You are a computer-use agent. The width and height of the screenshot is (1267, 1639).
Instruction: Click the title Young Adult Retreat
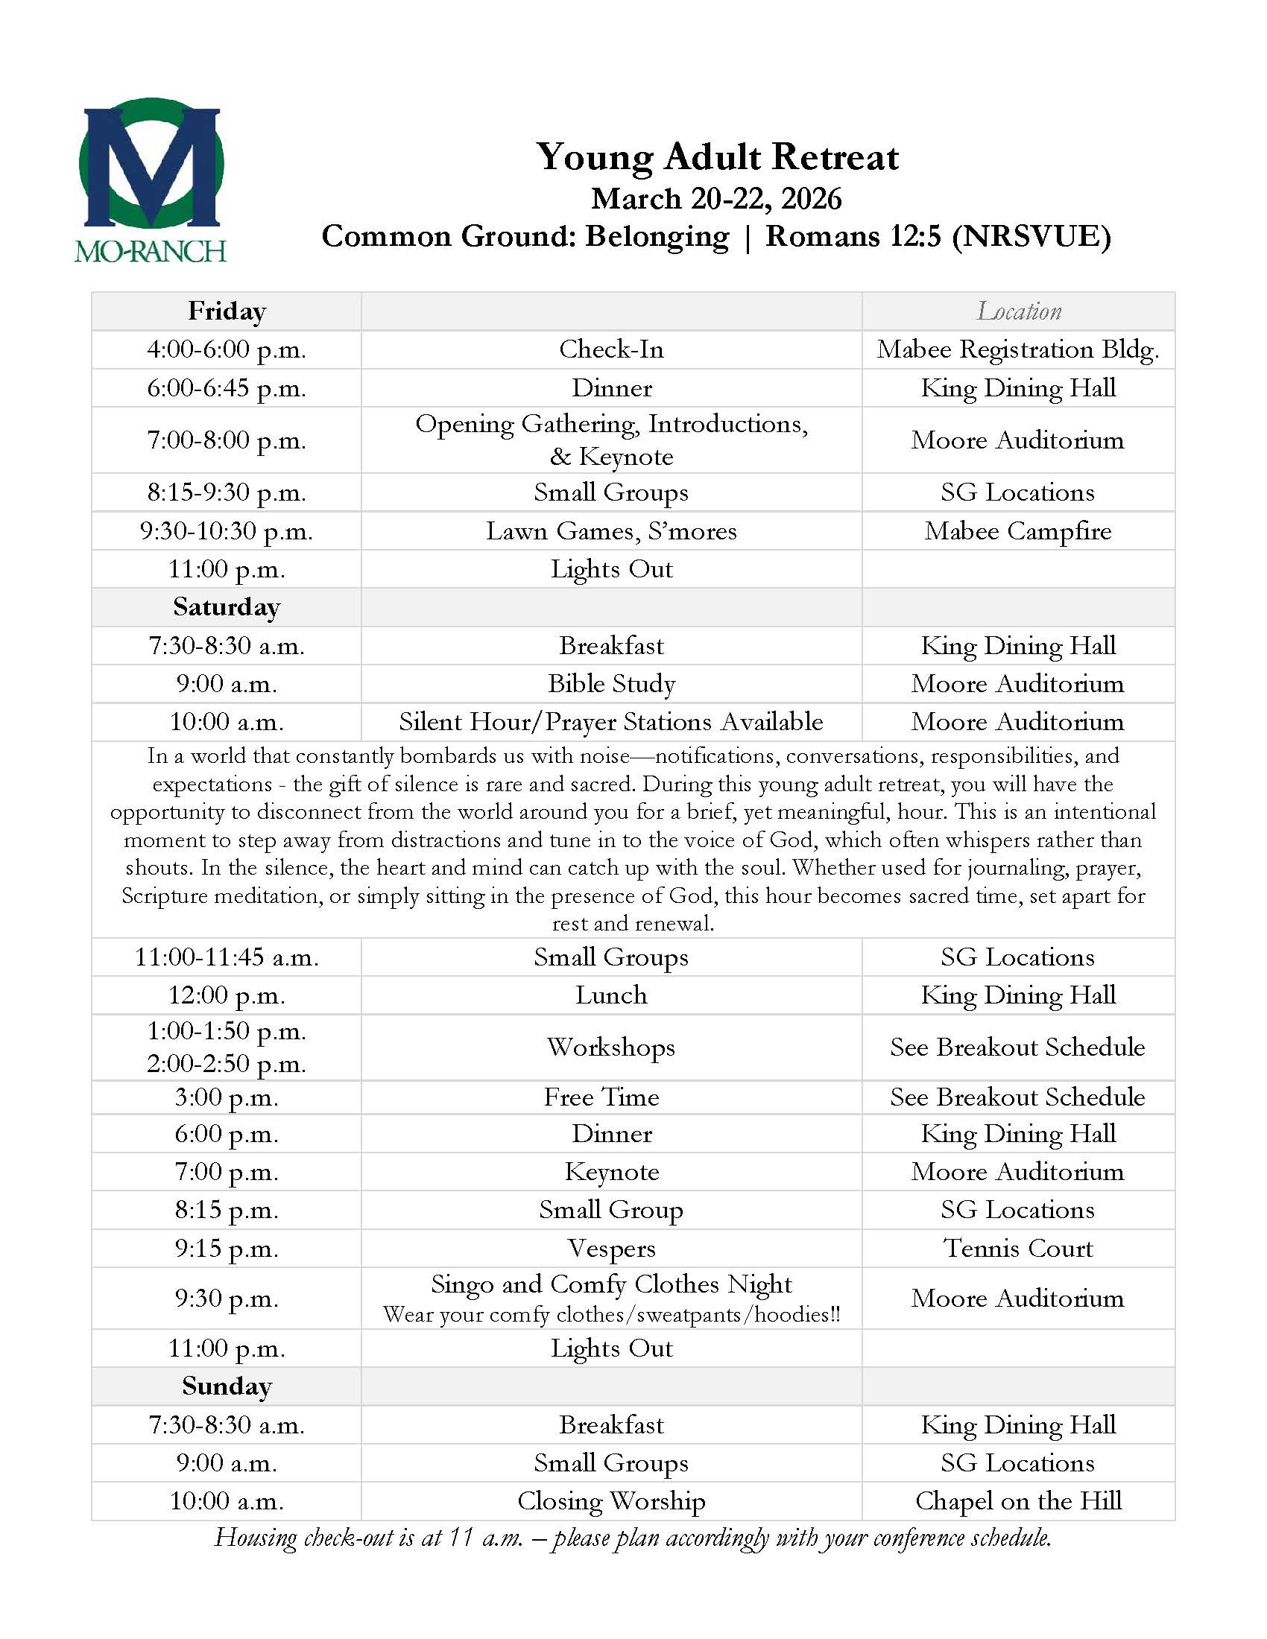pyautogui.click(x=717, y=157)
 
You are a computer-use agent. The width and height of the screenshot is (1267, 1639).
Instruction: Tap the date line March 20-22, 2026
pyautogui.click(x=716, y=198)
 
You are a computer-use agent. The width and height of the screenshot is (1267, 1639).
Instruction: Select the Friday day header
pyautogui.click(x=227, y=311)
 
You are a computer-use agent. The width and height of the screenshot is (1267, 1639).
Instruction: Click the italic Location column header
pyautogui.click(x=1019, y=311)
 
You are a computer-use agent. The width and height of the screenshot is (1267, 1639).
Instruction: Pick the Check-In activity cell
pyautogui.click(x=611, y=349)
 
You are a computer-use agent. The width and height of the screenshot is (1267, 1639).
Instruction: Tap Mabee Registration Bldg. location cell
pyautogui.click(x=1018, y=349)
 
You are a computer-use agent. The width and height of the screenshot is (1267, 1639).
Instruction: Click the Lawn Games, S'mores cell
pyautogui.click(x=611, y=530)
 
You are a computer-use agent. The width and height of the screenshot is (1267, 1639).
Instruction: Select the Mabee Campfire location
pyautogui.click(x=1018, y=530)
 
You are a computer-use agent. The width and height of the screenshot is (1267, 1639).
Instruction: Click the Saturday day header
pyautogui.click(x=227, y=606)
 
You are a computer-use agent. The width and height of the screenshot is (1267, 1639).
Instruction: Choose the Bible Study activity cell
pyautogui.click(x=611, y=683)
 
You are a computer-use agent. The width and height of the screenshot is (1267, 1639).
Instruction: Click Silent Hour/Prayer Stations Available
pyautogui.click(x=611, y=721)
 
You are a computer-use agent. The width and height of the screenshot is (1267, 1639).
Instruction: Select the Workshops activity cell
pyautogui.click(x=611, y=1047)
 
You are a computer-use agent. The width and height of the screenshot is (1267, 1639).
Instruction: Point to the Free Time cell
pyautogui.click(x=602, y=1097)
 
